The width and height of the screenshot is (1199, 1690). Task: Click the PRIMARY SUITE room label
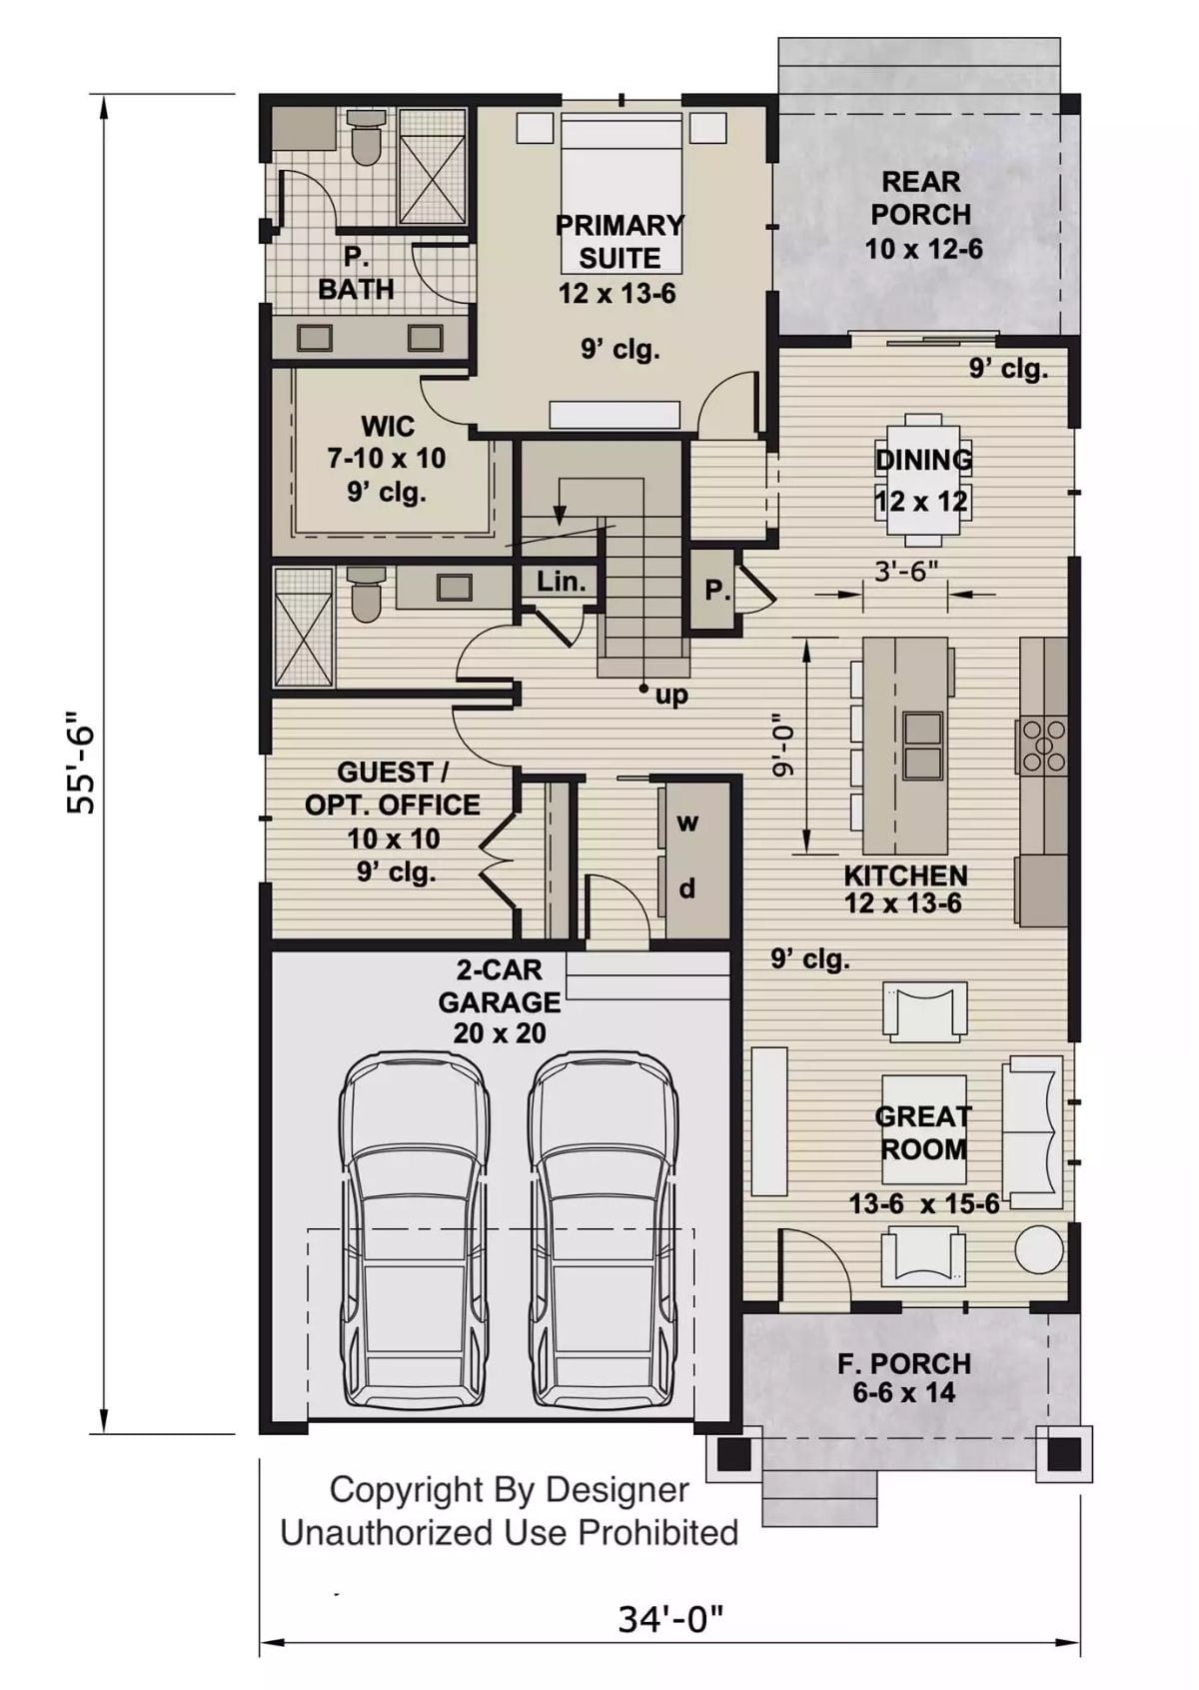pos(619,241)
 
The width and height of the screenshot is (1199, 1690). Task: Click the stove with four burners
pos(1042,746)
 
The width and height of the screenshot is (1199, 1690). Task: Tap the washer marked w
pos(687,823)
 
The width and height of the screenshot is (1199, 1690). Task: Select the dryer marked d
pos(687,888)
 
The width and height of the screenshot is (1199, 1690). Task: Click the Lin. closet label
pos(561,582)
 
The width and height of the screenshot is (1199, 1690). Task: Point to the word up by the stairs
pos(671,695)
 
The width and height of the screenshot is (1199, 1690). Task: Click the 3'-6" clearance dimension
pos(905,572)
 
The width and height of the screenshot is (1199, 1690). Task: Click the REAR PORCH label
pos(921,198)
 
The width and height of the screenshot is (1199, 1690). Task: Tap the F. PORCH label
pos(903,1364)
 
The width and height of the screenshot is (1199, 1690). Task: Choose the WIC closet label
pos(388,427)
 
